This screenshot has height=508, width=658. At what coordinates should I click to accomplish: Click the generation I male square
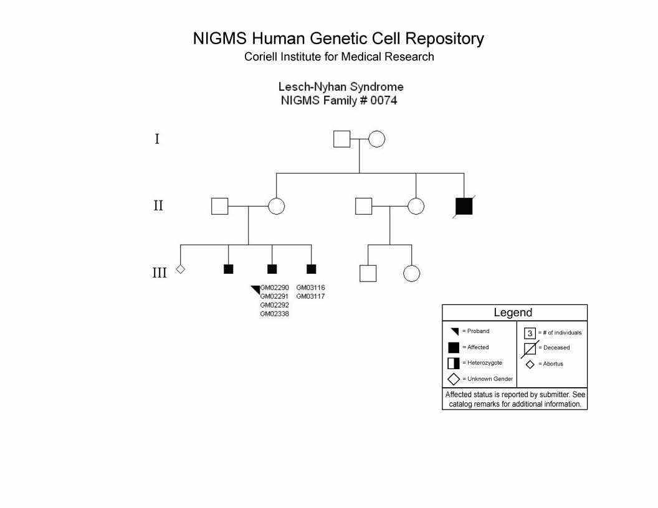341,139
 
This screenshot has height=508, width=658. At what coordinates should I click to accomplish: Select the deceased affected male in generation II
464,206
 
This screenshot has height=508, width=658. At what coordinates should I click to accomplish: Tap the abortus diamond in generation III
181,269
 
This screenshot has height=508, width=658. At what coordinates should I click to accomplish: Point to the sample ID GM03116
310,288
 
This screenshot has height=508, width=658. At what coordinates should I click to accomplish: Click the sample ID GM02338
274,314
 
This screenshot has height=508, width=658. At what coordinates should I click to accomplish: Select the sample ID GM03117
310,296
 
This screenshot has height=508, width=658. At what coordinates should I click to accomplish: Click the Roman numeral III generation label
160,273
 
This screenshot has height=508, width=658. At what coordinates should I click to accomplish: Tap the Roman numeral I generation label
157,139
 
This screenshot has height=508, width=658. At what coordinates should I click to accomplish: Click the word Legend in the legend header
513,313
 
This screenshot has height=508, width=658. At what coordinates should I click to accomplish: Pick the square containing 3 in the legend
530,333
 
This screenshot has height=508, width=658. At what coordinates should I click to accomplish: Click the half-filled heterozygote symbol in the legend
454,363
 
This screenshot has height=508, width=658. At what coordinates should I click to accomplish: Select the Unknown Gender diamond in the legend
454,379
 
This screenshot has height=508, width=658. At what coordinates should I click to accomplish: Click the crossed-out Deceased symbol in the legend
530,349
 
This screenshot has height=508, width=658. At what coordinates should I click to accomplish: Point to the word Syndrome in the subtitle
376,87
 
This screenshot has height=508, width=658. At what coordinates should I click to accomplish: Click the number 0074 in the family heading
384,101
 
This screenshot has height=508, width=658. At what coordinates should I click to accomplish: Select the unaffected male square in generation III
368,273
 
